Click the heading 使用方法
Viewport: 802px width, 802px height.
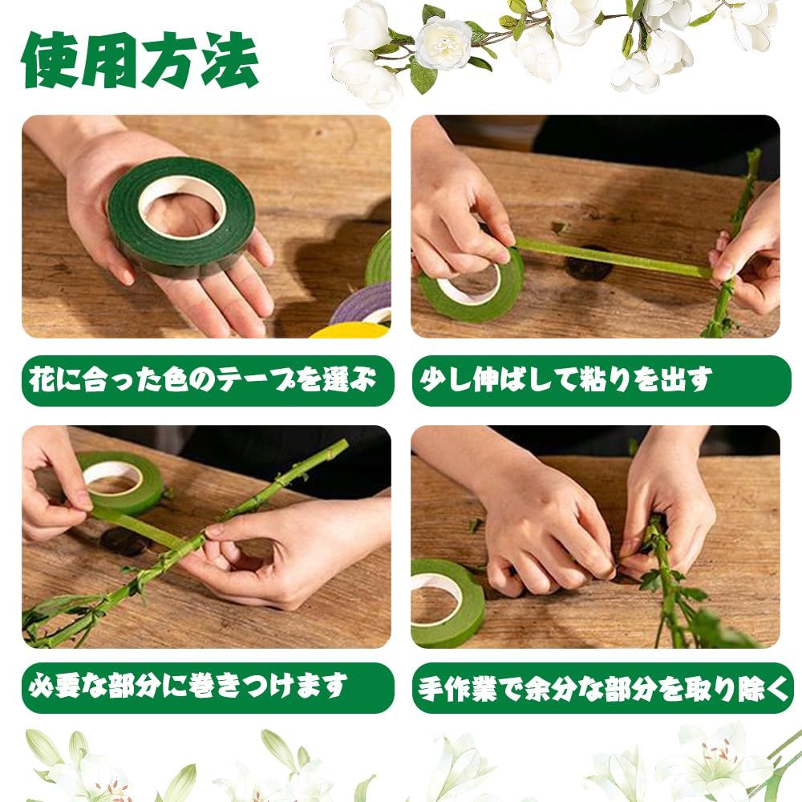click(x=140, y=61)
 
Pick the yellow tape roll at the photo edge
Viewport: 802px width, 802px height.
click(x=351, y=330)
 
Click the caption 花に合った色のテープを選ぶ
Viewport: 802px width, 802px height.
click(x=203, y=379)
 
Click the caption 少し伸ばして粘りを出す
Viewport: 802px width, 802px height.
click(x=565, y=379)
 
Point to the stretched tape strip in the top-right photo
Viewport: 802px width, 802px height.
click(x=614, y=257)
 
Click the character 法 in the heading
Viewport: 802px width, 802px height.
click(x=229, y=61)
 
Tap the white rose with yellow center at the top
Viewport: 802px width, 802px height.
click(x=443, y=43)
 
